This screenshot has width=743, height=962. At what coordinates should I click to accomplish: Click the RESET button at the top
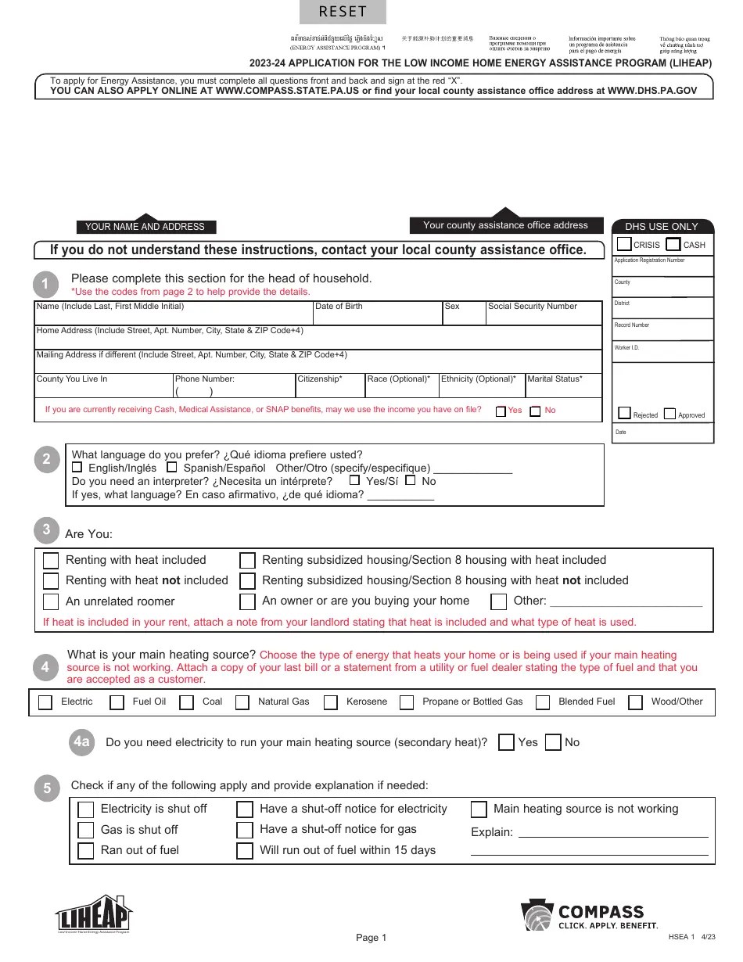(343, 12)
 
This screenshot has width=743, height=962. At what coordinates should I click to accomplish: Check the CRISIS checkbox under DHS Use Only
(624, 244)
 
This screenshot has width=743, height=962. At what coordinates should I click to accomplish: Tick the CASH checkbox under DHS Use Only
(673, 244)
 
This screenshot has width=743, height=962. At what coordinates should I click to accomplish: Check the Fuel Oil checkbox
(117, 702)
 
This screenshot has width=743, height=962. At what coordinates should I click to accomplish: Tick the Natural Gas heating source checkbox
(242, 702)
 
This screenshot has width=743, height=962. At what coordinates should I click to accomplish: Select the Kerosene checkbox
(331, 702)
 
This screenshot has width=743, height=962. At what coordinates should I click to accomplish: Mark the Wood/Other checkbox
(636, 702)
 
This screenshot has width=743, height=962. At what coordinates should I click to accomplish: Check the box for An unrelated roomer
(51, 601)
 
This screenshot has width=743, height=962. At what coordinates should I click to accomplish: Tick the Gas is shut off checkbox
(86, 830)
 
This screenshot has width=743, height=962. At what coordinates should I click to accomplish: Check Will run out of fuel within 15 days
(245, 851)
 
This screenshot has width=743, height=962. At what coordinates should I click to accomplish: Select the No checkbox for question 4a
(553, 742)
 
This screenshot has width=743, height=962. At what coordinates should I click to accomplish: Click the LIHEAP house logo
(93, 914)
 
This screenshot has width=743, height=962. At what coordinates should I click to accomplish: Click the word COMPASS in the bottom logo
(600, 912)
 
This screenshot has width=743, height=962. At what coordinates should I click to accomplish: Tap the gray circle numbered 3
(46, 530)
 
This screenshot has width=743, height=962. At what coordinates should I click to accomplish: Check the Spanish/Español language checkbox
(172, 467)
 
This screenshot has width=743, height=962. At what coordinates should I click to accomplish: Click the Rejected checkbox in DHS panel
(624, 413)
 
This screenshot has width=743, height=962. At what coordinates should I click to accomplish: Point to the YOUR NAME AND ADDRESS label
(145, 227)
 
